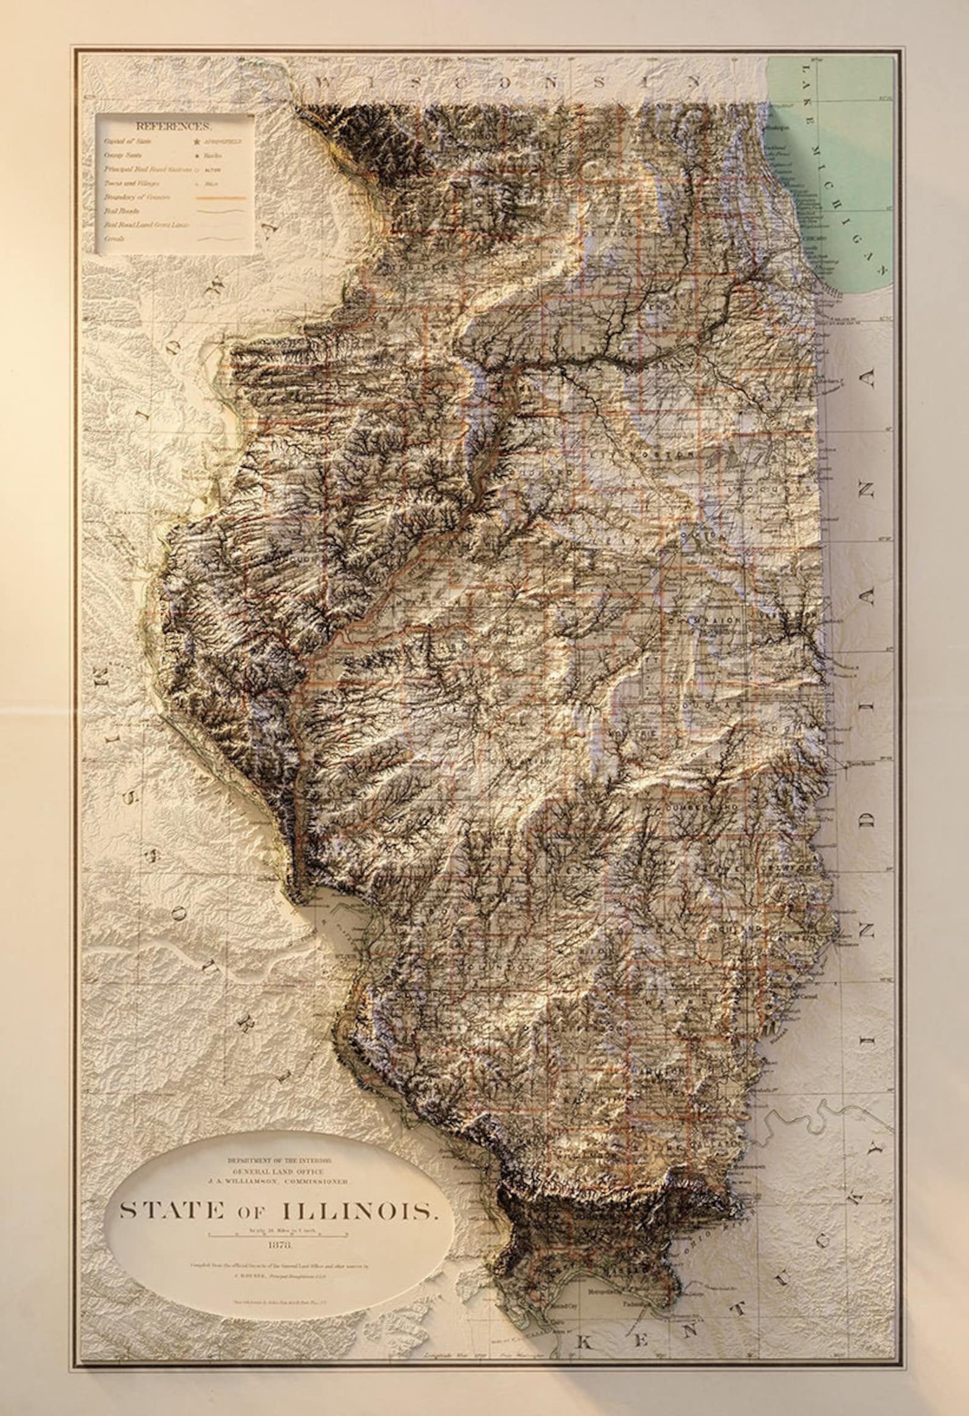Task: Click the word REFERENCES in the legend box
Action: click(x=174, y=127)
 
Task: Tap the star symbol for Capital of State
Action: click(x=197, y=141)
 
